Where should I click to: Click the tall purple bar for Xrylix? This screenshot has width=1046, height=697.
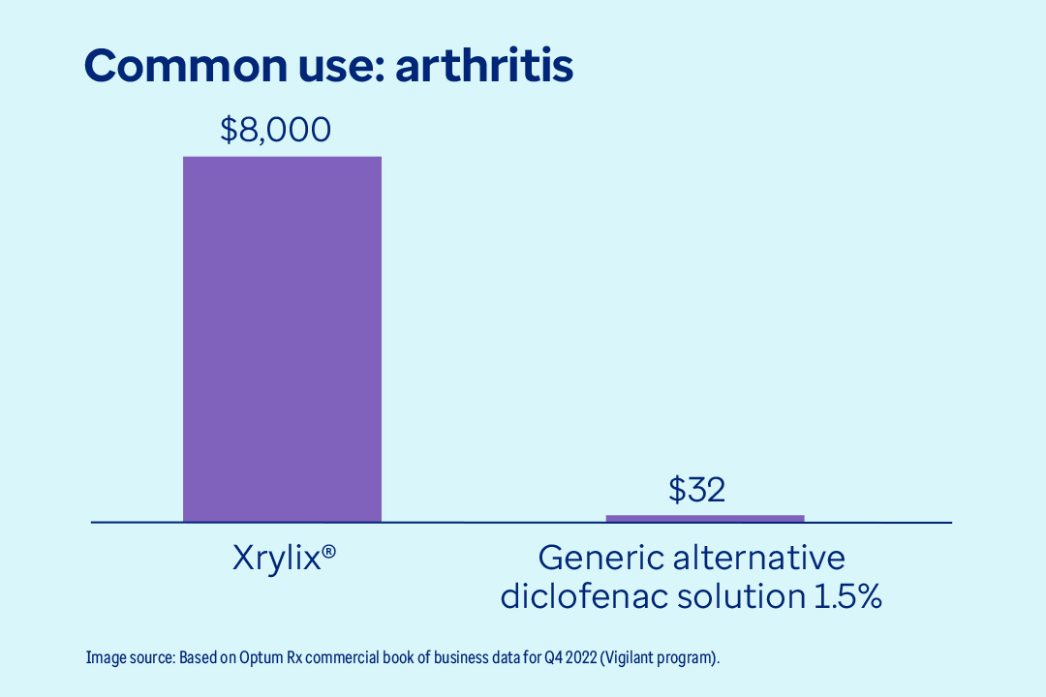(282, 339)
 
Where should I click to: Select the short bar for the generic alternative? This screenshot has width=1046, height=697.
(705, 518)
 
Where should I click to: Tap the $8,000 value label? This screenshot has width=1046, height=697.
(275, 129)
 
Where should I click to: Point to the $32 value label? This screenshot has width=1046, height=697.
(696, 490)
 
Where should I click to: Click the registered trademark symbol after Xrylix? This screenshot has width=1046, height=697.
(329, 552)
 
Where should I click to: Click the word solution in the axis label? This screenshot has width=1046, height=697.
(735, 596)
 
